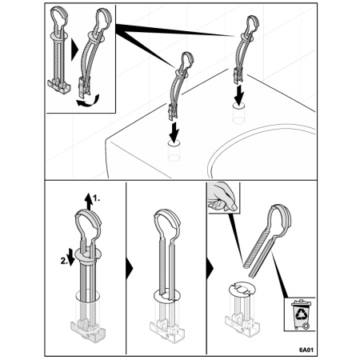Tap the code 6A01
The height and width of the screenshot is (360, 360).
(x=306, y=350)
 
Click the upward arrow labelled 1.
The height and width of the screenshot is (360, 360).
(x=89, y=202)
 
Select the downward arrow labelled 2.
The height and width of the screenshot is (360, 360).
(x=71, y=257)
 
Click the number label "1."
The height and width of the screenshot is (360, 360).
(x=97, y=198)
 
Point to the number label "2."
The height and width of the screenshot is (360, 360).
(x=64, y=261)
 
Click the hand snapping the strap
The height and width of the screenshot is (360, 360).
(x=222, y=197)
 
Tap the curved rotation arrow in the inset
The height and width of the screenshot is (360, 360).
(x=88, y=102)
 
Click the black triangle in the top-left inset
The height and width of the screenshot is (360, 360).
(x=74, y=50)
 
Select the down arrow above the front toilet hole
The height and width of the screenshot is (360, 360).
(x=174, y=132)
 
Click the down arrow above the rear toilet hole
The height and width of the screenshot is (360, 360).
(x=239, y=95)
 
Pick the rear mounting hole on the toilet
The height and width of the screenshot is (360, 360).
(x=239, y=106)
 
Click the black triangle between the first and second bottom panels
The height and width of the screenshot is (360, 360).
(x=129, y=268)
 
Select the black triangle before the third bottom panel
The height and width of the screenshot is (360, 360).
(x=210, y=268)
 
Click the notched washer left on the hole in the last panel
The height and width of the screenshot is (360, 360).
(x=242, y=290)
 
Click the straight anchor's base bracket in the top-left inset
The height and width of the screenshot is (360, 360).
(x=59, y=86)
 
